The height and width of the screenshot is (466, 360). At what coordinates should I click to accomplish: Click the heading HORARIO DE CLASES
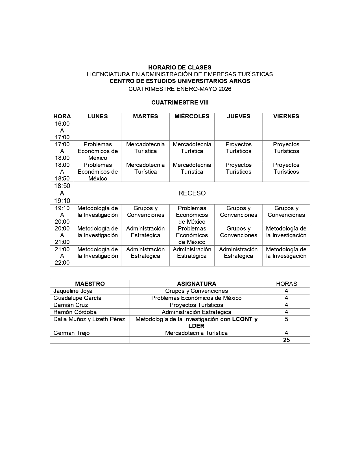[180, 67]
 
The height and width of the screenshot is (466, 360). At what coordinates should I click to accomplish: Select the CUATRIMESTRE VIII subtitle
[180, 103]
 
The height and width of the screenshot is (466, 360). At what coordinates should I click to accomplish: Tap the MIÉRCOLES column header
[192, 116]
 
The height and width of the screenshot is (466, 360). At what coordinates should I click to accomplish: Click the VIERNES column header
[286, 116]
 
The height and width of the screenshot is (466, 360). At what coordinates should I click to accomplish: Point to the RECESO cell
[192, 193]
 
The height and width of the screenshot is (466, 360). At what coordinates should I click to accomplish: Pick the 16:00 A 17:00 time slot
[62, 130]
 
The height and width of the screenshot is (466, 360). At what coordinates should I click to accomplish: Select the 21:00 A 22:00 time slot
[62, 256]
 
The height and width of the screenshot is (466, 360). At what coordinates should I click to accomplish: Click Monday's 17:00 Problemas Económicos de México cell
[98, 151]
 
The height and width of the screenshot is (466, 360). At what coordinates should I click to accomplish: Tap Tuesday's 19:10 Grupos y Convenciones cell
[145, 212]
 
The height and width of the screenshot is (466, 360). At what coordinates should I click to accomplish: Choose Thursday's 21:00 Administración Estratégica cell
[238, 253]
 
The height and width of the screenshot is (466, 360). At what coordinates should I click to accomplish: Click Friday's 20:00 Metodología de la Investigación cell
[286, 232]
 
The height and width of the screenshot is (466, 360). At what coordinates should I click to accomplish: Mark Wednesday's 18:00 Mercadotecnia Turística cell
[192, 168]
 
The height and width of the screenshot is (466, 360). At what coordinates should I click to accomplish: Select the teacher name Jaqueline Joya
[73, 291]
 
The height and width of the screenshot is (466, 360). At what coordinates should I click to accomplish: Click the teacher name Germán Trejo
[71, 333]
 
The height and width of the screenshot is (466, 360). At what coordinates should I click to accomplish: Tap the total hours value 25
[286, 340]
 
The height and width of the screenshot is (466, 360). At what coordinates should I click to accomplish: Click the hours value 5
[286, 319]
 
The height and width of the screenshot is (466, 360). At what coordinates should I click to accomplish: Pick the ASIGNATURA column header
[197, 284]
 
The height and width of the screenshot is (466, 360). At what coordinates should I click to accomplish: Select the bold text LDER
[196, 326]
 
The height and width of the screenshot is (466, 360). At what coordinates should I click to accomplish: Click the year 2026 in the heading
[224, 89]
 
